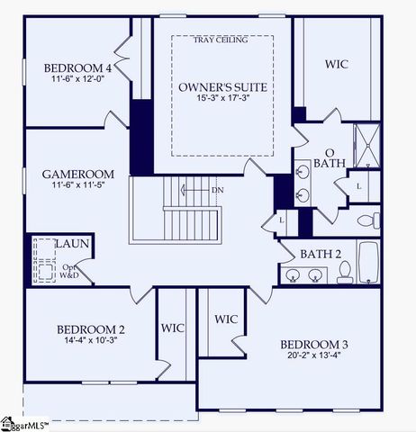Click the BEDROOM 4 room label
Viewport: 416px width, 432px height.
[77, 67]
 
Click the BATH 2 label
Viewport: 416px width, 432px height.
[321, 254]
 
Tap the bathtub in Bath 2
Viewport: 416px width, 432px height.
[367, 262]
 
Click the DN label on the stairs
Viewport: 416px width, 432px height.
[217, 191]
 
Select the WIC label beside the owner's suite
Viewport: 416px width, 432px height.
[337, 64]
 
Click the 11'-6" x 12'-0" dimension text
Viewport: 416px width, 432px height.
[77, 80]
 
